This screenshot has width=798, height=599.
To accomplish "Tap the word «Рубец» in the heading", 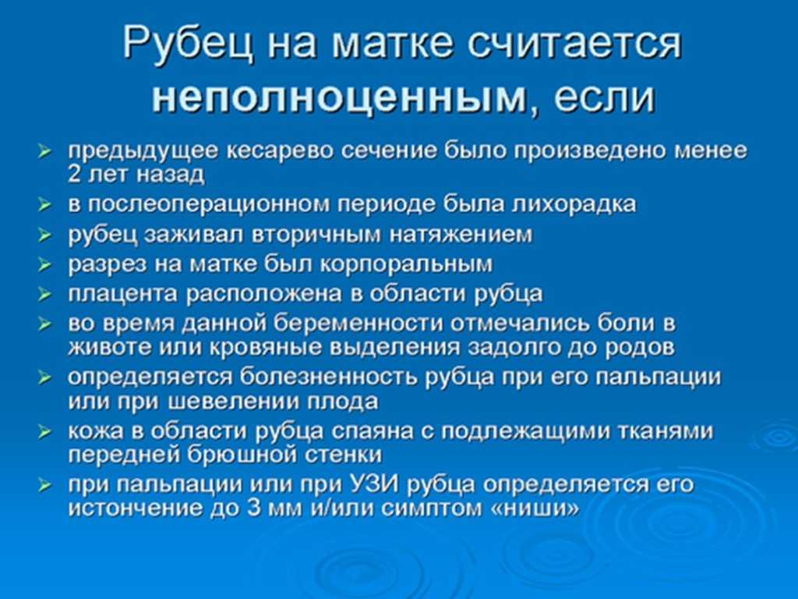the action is [188, 42].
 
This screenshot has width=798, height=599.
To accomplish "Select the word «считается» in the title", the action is [574, 42].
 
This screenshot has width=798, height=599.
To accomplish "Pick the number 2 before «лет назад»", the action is [74, 174].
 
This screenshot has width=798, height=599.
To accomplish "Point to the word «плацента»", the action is [123, 294].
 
